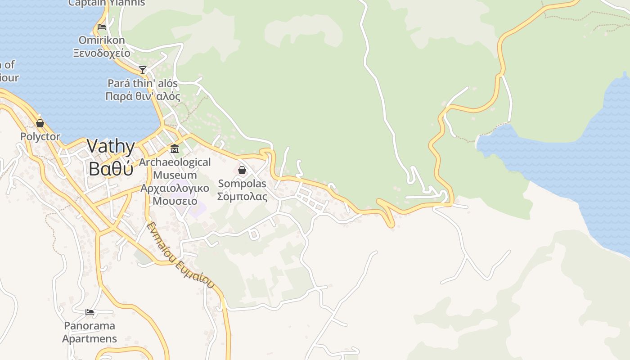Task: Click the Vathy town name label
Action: pyautogui.click(x=111, y=146)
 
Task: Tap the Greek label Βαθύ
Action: pyautogui.click(x=111, y=168)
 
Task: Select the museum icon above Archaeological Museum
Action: pyautogui.click(x=175, y=149)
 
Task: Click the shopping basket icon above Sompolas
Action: pyautogui.click(x=242, y=170)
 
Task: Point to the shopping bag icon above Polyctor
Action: pyautogui.click(x=40, y=123)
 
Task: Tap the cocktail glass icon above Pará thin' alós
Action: pyautogui.click(x=143, y=70)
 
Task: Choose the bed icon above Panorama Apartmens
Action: pyautogui.click(x=90, y=312)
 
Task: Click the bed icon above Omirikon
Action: pyautogui.click(x=102, y=27)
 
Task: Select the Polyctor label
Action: pyautogui.click(x=40, y=136)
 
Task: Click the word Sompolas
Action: pyautogui.click(x=242, y=184)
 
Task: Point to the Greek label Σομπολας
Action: pyautogui.click(x=242, y=197)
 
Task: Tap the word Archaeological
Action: pyautogui.click(x=175, y=162)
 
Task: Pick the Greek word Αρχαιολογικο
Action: pyautogui.click(x=175, y=188)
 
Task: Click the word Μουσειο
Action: pyautogui.click(x=175, y=201)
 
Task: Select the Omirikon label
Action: pyautogui.click(x=102, y=40)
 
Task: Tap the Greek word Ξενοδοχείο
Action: pyautogui.click(x=102, y=53)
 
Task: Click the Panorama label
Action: pyautogui.click(x=90, y=325)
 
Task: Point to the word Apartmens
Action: pyautogui.click(x=90, y=338)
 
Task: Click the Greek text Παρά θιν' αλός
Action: pyautogui.click(x=143, y=96)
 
